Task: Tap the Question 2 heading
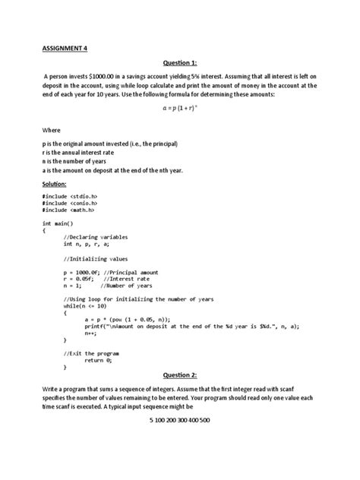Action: click(179, 375)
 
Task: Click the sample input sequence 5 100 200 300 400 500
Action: click(179, 420)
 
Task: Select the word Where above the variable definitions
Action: click(51, 130)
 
